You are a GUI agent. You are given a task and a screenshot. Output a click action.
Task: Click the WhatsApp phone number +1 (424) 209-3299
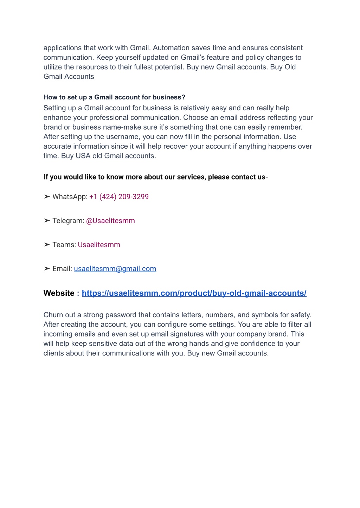(x=119, y=197)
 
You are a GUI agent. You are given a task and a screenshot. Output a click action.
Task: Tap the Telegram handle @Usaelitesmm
(x=110, y=221)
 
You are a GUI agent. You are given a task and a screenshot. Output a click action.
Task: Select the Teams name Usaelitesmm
(x=99, y=245)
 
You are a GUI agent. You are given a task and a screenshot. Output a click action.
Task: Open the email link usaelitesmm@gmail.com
(x=115, y=269)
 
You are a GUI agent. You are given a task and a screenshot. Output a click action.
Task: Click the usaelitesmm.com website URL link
(x=194, y=293)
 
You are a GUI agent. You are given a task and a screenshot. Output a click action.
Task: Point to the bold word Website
(x=59, y=293)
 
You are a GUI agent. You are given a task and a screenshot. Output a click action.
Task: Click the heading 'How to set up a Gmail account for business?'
(x=114, y=97)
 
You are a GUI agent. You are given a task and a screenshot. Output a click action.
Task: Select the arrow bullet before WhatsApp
(x=47, y=197)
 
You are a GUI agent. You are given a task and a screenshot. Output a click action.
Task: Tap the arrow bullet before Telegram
(x=47, y=221)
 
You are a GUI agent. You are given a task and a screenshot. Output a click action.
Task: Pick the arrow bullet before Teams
(x=47, y=245)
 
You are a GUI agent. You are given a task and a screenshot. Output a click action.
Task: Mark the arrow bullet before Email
(x=47, y=269)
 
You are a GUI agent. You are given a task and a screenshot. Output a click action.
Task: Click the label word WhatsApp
(x=69, y=197)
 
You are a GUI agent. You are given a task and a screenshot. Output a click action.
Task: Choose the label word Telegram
(x=68, y=221)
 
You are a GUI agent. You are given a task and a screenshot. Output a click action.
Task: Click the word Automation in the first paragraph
(x=171, y=48)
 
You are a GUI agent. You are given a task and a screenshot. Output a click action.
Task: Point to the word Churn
(x=53, y=315)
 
